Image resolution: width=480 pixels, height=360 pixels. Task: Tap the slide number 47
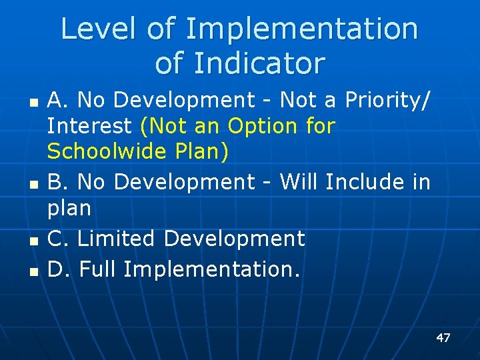tap(443, 338)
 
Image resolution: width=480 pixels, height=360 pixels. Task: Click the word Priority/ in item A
tap(387, 101)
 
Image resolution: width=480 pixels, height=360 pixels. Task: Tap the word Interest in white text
tap(90, 125)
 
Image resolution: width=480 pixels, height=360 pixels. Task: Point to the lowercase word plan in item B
tap(69, 209)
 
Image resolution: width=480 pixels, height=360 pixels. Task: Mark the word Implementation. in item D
tap(212, 269)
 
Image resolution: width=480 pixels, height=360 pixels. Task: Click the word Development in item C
tap(234, 238)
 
